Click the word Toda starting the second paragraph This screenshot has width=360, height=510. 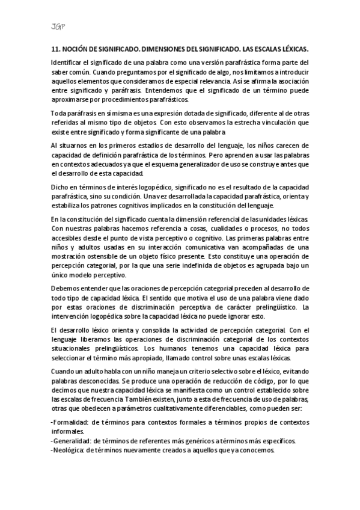tap(59, 112)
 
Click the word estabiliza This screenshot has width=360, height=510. tap(68, 204)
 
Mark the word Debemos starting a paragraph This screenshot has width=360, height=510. tap(67, 289)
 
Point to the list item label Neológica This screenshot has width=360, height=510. tap(69, 450)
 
